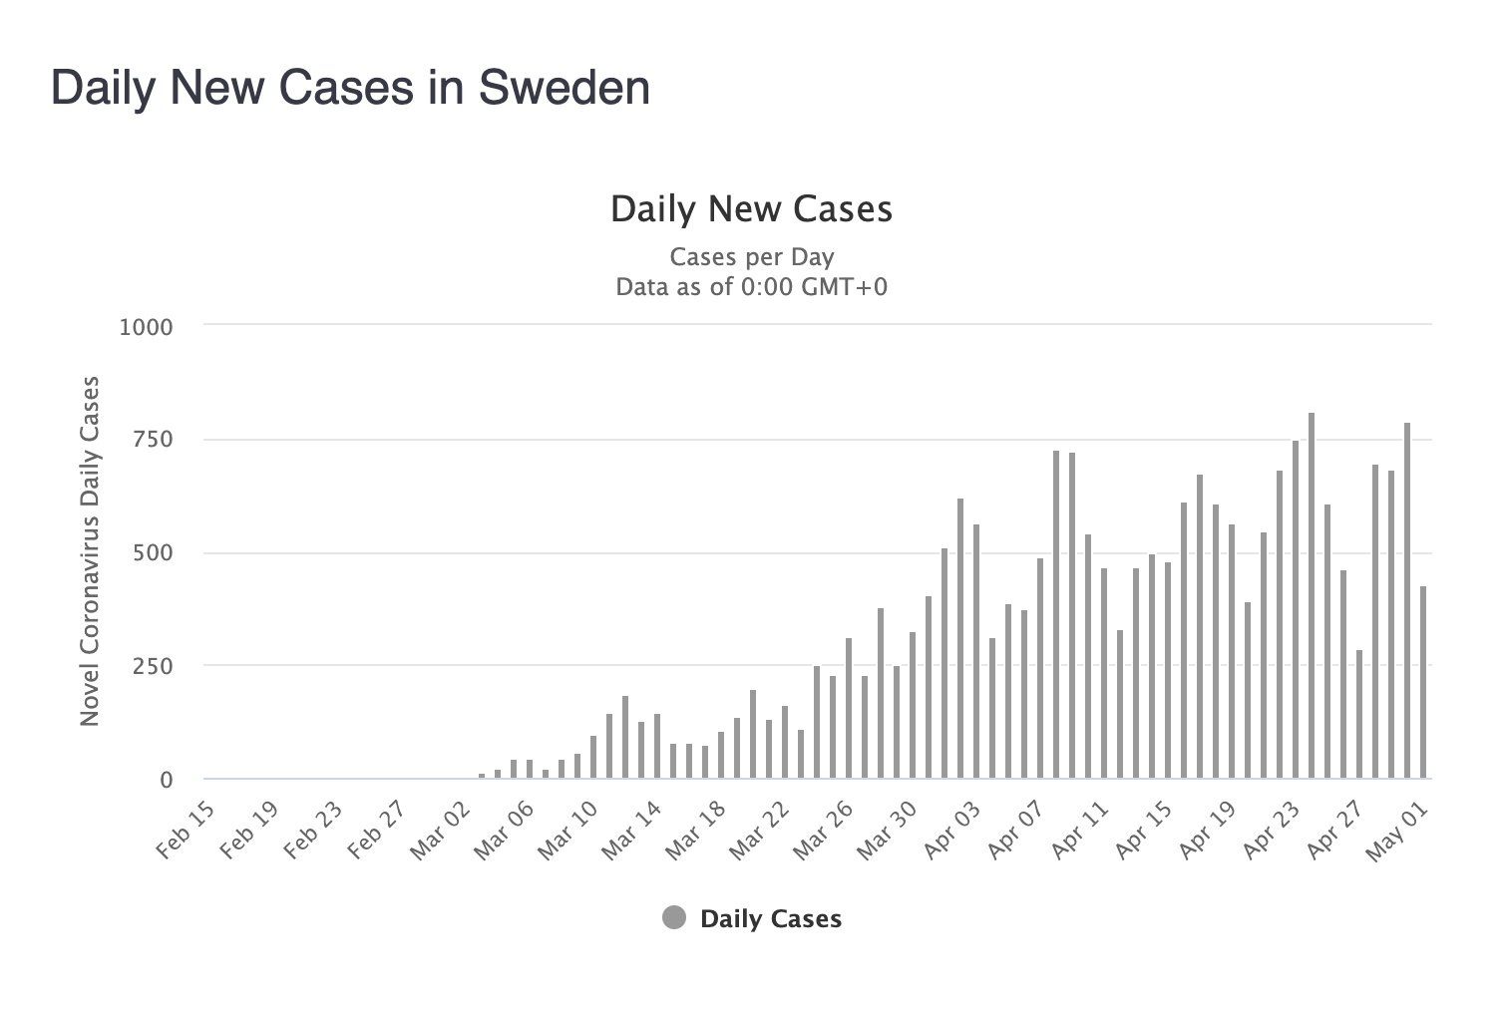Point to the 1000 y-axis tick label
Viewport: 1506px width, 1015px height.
147,327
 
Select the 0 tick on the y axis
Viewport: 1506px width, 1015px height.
167,780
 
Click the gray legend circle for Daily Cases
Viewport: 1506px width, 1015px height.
674,918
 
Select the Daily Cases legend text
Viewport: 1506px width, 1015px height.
771,919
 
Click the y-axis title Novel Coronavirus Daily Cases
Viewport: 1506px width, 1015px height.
90,551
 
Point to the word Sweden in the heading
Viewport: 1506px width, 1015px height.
565,88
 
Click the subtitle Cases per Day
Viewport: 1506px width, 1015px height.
751,257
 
